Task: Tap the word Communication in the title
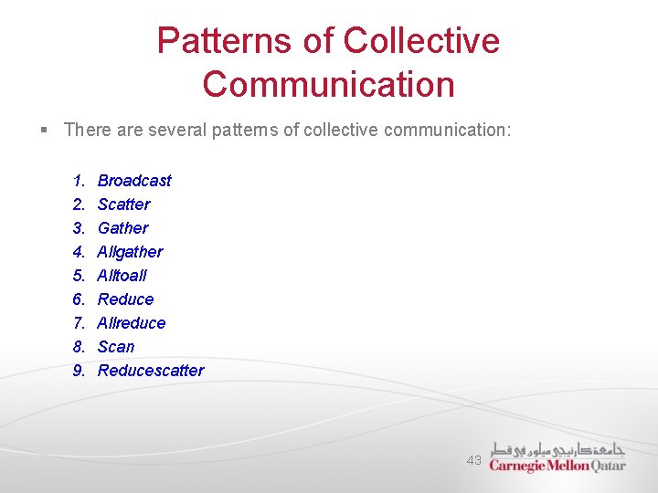(x=329, y=84)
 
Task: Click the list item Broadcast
(x=134, y=181)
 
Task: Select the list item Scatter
(x=123, y=205)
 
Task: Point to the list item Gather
(x=122, y=228)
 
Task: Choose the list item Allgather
(x=130, y=252)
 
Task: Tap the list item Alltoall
(x=122, y=276)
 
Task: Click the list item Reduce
(x=125, y=299)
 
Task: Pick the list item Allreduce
(x=132, y=323)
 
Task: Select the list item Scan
(x=116, y=347)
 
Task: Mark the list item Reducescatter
(x=151, y=371)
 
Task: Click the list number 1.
(x=80, y=181)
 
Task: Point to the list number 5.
(x=80, y=276)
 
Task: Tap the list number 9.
(x=80, y=371)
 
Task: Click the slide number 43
(x=473, y=461)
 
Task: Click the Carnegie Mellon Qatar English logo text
(x=557, y=466)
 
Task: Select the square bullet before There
(x=44, y=131)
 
